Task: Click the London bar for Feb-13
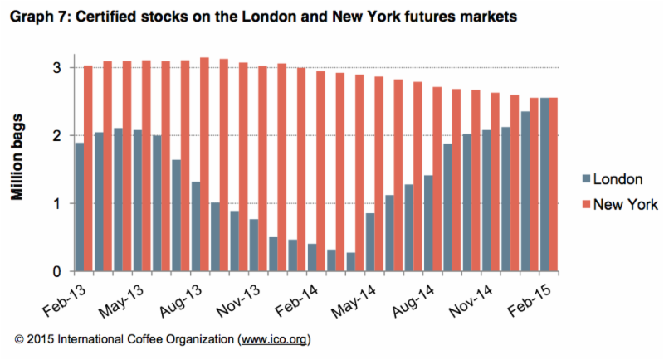(80, 207)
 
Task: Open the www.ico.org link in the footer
(272, 340)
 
